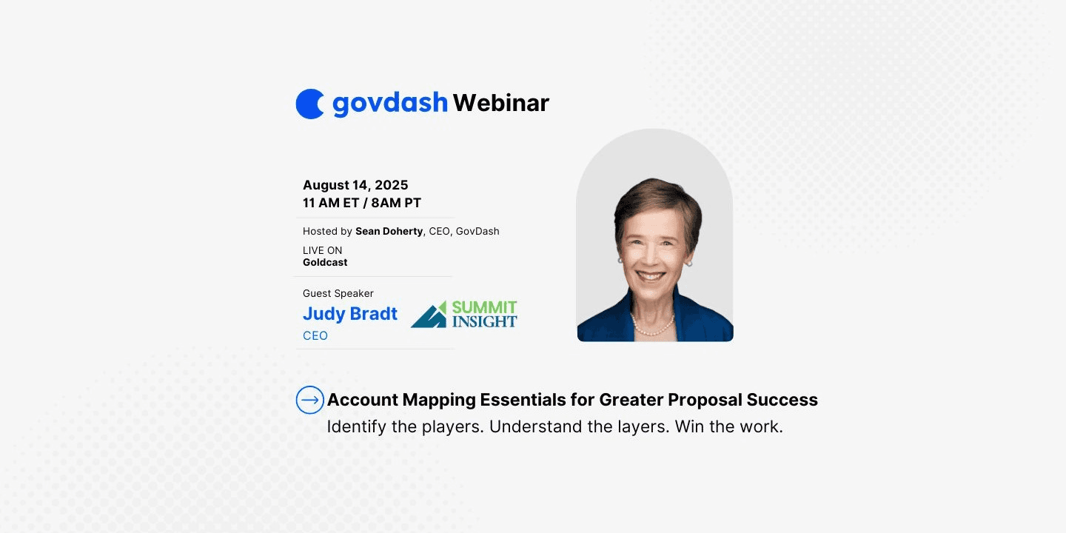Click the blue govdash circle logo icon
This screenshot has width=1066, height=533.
tap(309, 104)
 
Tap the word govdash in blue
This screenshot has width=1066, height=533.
tap(390, 104)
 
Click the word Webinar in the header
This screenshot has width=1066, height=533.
tap(500, 103)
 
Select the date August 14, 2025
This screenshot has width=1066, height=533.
tap(355, 184)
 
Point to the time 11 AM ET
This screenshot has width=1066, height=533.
tap(331, 203)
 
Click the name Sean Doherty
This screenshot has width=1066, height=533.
tap(389, 231)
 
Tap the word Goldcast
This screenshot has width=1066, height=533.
tap(325, 262)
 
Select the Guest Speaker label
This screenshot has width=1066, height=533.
tap(338, 293)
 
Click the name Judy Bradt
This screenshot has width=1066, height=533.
tap(349, 314)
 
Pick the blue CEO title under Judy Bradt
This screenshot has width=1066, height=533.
tap(315, 335)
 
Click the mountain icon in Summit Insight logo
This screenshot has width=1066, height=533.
tap(429, 315)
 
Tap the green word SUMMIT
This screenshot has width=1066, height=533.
tap(484, 307)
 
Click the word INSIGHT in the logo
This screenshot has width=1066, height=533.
tap(484, 321)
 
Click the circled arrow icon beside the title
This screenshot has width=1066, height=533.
tap(309, 400)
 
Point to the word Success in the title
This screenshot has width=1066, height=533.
tap(782, 400)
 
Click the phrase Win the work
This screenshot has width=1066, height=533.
tap(728, 426)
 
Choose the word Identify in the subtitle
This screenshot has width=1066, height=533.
tap(357, 426)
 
